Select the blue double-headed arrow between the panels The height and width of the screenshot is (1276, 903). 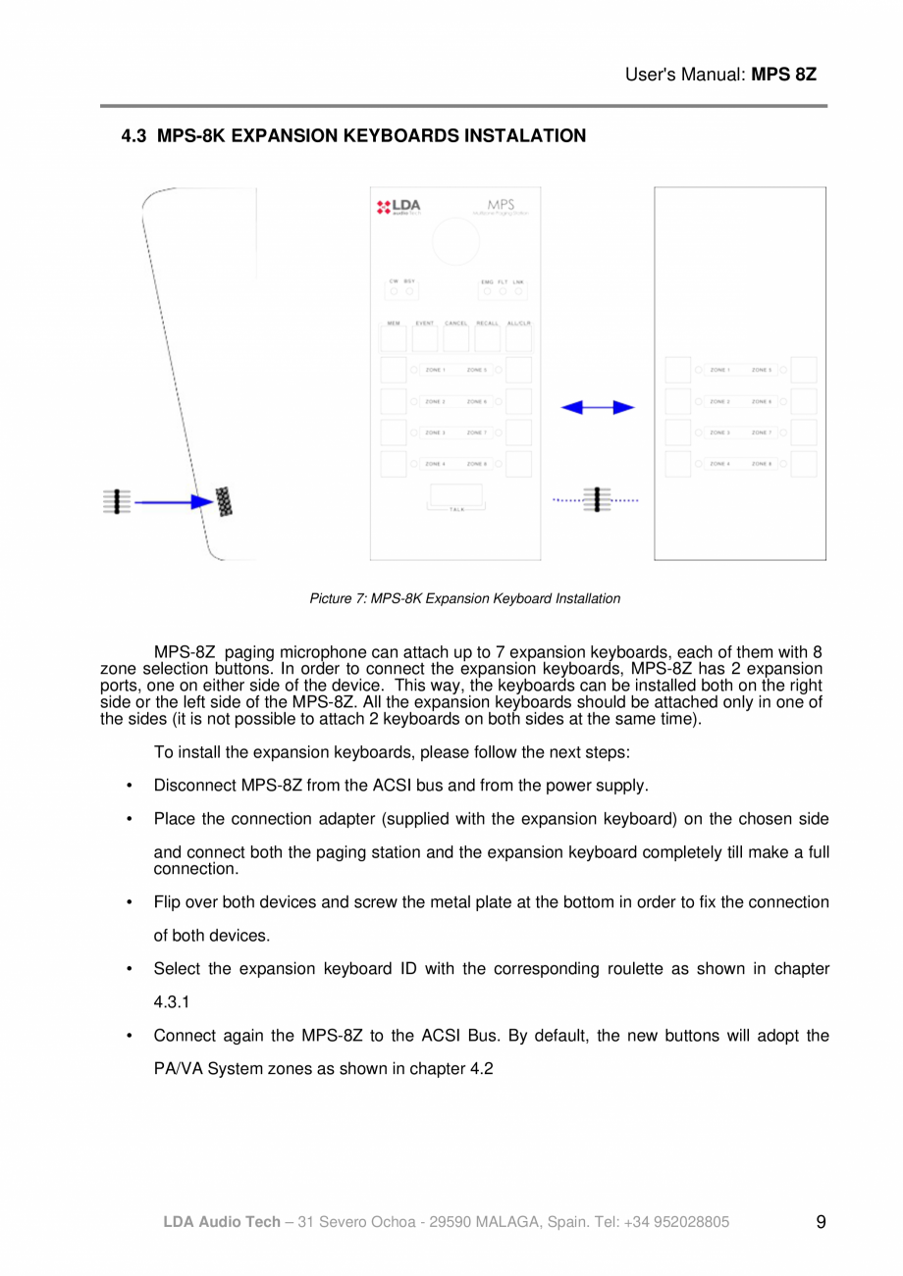[597, 407]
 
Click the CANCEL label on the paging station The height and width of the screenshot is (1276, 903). [456, 324]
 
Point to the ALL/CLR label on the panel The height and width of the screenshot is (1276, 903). [519, 324]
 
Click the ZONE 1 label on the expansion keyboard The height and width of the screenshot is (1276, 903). [719, 370]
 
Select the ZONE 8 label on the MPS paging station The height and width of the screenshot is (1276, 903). [477, 464]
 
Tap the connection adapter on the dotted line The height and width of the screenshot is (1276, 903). [597, 500]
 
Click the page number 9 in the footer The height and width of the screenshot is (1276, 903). [821, 1222]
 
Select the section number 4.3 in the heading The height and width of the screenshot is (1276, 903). [133, 136]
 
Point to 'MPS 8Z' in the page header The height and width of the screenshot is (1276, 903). [783, 75]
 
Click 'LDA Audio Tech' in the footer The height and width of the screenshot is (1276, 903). [221, 1222]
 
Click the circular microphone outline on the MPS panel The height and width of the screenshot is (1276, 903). [454, 241]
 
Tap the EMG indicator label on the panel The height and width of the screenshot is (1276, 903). [487, 281]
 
